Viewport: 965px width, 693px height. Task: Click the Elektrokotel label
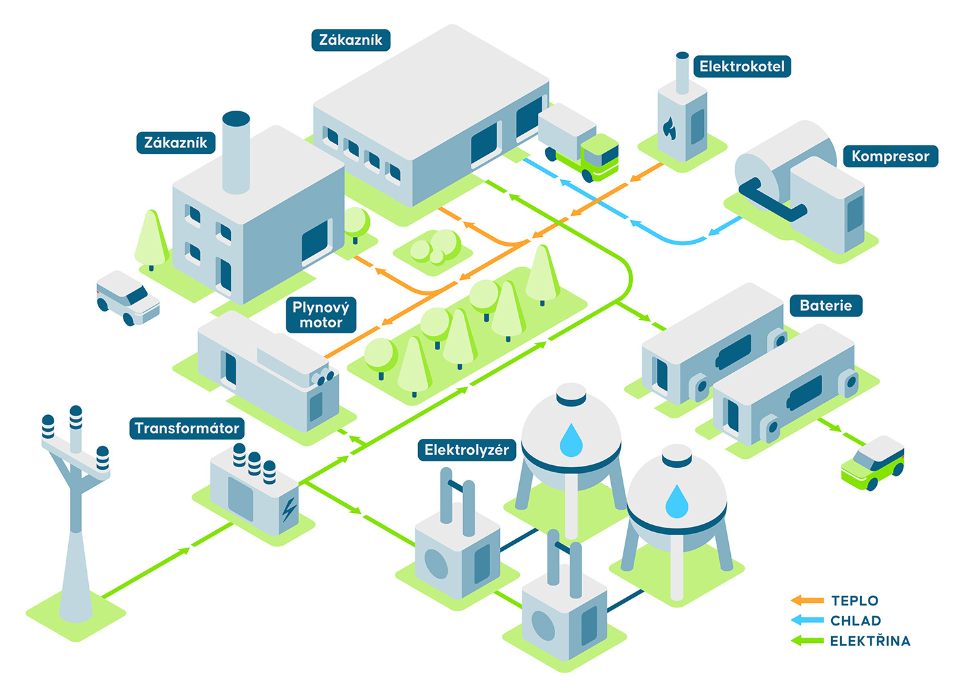pos(742,66)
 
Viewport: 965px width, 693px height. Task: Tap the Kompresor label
pos(890,156)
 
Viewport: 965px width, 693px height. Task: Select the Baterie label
pos(825,306)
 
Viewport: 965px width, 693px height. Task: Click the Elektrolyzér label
pos(466,450)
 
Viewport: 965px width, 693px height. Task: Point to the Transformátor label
pos(187,429)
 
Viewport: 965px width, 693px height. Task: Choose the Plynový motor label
pos(320,315)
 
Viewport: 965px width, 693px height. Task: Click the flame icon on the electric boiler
pos(670,128)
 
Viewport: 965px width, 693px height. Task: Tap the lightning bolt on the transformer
pos(289,509)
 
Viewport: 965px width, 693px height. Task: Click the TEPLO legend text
pos(854,601)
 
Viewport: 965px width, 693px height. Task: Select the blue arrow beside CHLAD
pos(807,620)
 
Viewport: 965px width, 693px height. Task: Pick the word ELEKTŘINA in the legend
pos(870,641)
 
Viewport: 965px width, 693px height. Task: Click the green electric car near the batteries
pos(873,464)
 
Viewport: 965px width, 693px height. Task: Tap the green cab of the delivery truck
pos(600,158)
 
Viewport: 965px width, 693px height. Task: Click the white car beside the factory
pos(127,298)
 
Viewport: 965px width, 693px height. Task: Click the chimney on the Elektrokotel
pos(683,73)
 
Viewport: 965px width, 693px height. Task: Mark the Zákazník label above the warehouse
pos(351,40)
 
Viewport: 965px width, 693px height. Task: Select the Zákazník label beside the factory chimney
pos(176,143)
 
